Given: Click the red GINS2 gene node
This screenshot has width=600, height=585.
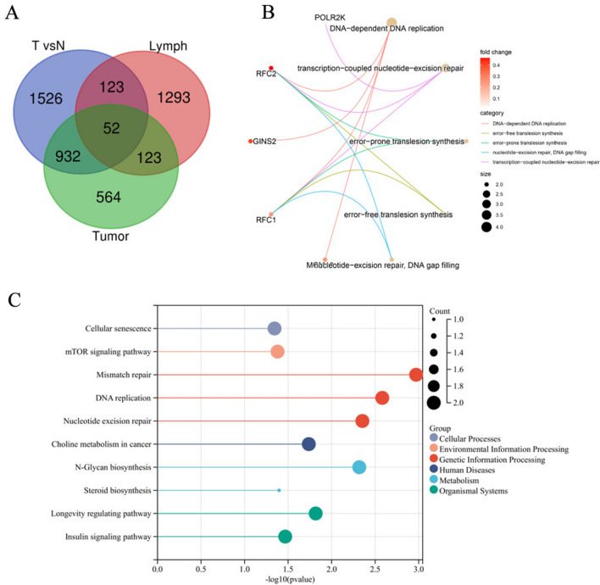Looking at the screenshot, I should pyautogui.click(x=250, y=141).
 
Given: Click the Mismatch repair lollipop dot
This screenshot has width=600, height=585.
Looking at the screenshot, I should pyautogui.click(x=415, y=375).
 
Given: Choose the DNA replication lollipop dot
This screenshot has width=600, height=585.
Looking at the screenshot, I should pyautogui.click(x=382, y=398).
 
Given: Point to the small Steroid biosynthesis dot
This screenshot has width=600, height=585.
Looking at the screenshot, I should pyautogui.click(x=279, y=490).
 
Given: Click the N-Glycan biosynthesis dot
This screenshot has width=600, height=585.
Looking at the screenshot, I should pyautogui.click(x=359, y=467).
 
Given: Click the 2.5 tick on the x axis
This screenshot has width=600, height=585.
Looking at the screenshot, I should pyautogui.click(x=375, y=561).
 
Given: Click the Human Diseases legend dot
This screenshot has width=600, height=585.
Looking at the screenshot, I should pyautogui.click(x=435, y=465).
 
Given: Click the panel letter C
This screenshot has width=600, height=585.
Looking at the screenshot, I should pyautogui.click(x=14, y=299).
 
